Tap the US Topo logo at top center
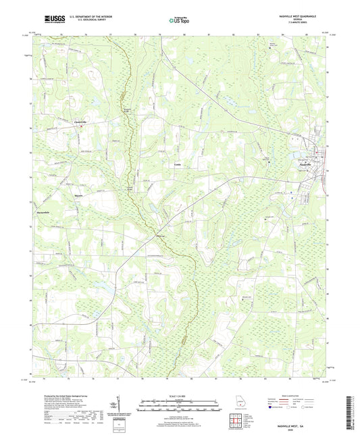[179, 21]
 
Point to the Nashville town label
[305, 165]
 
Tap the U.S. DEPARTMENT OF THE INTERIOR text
[82, 17]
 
